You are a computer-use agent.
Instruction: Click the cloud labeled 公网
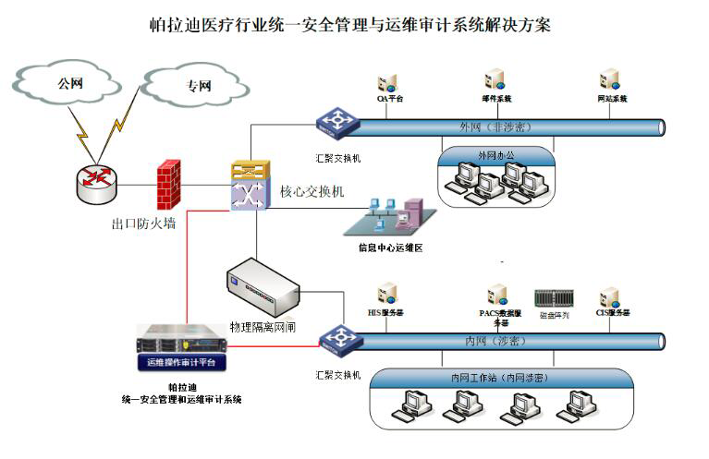click(x=69, y=84)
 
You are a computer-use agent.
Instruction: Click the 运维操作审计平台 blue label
click(x=181, y=362)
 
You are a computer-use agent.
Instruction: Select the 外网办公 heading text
click(x=495, y=153)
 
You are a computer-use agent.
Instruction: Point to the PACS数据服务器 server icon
click(x=498, y=295)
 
